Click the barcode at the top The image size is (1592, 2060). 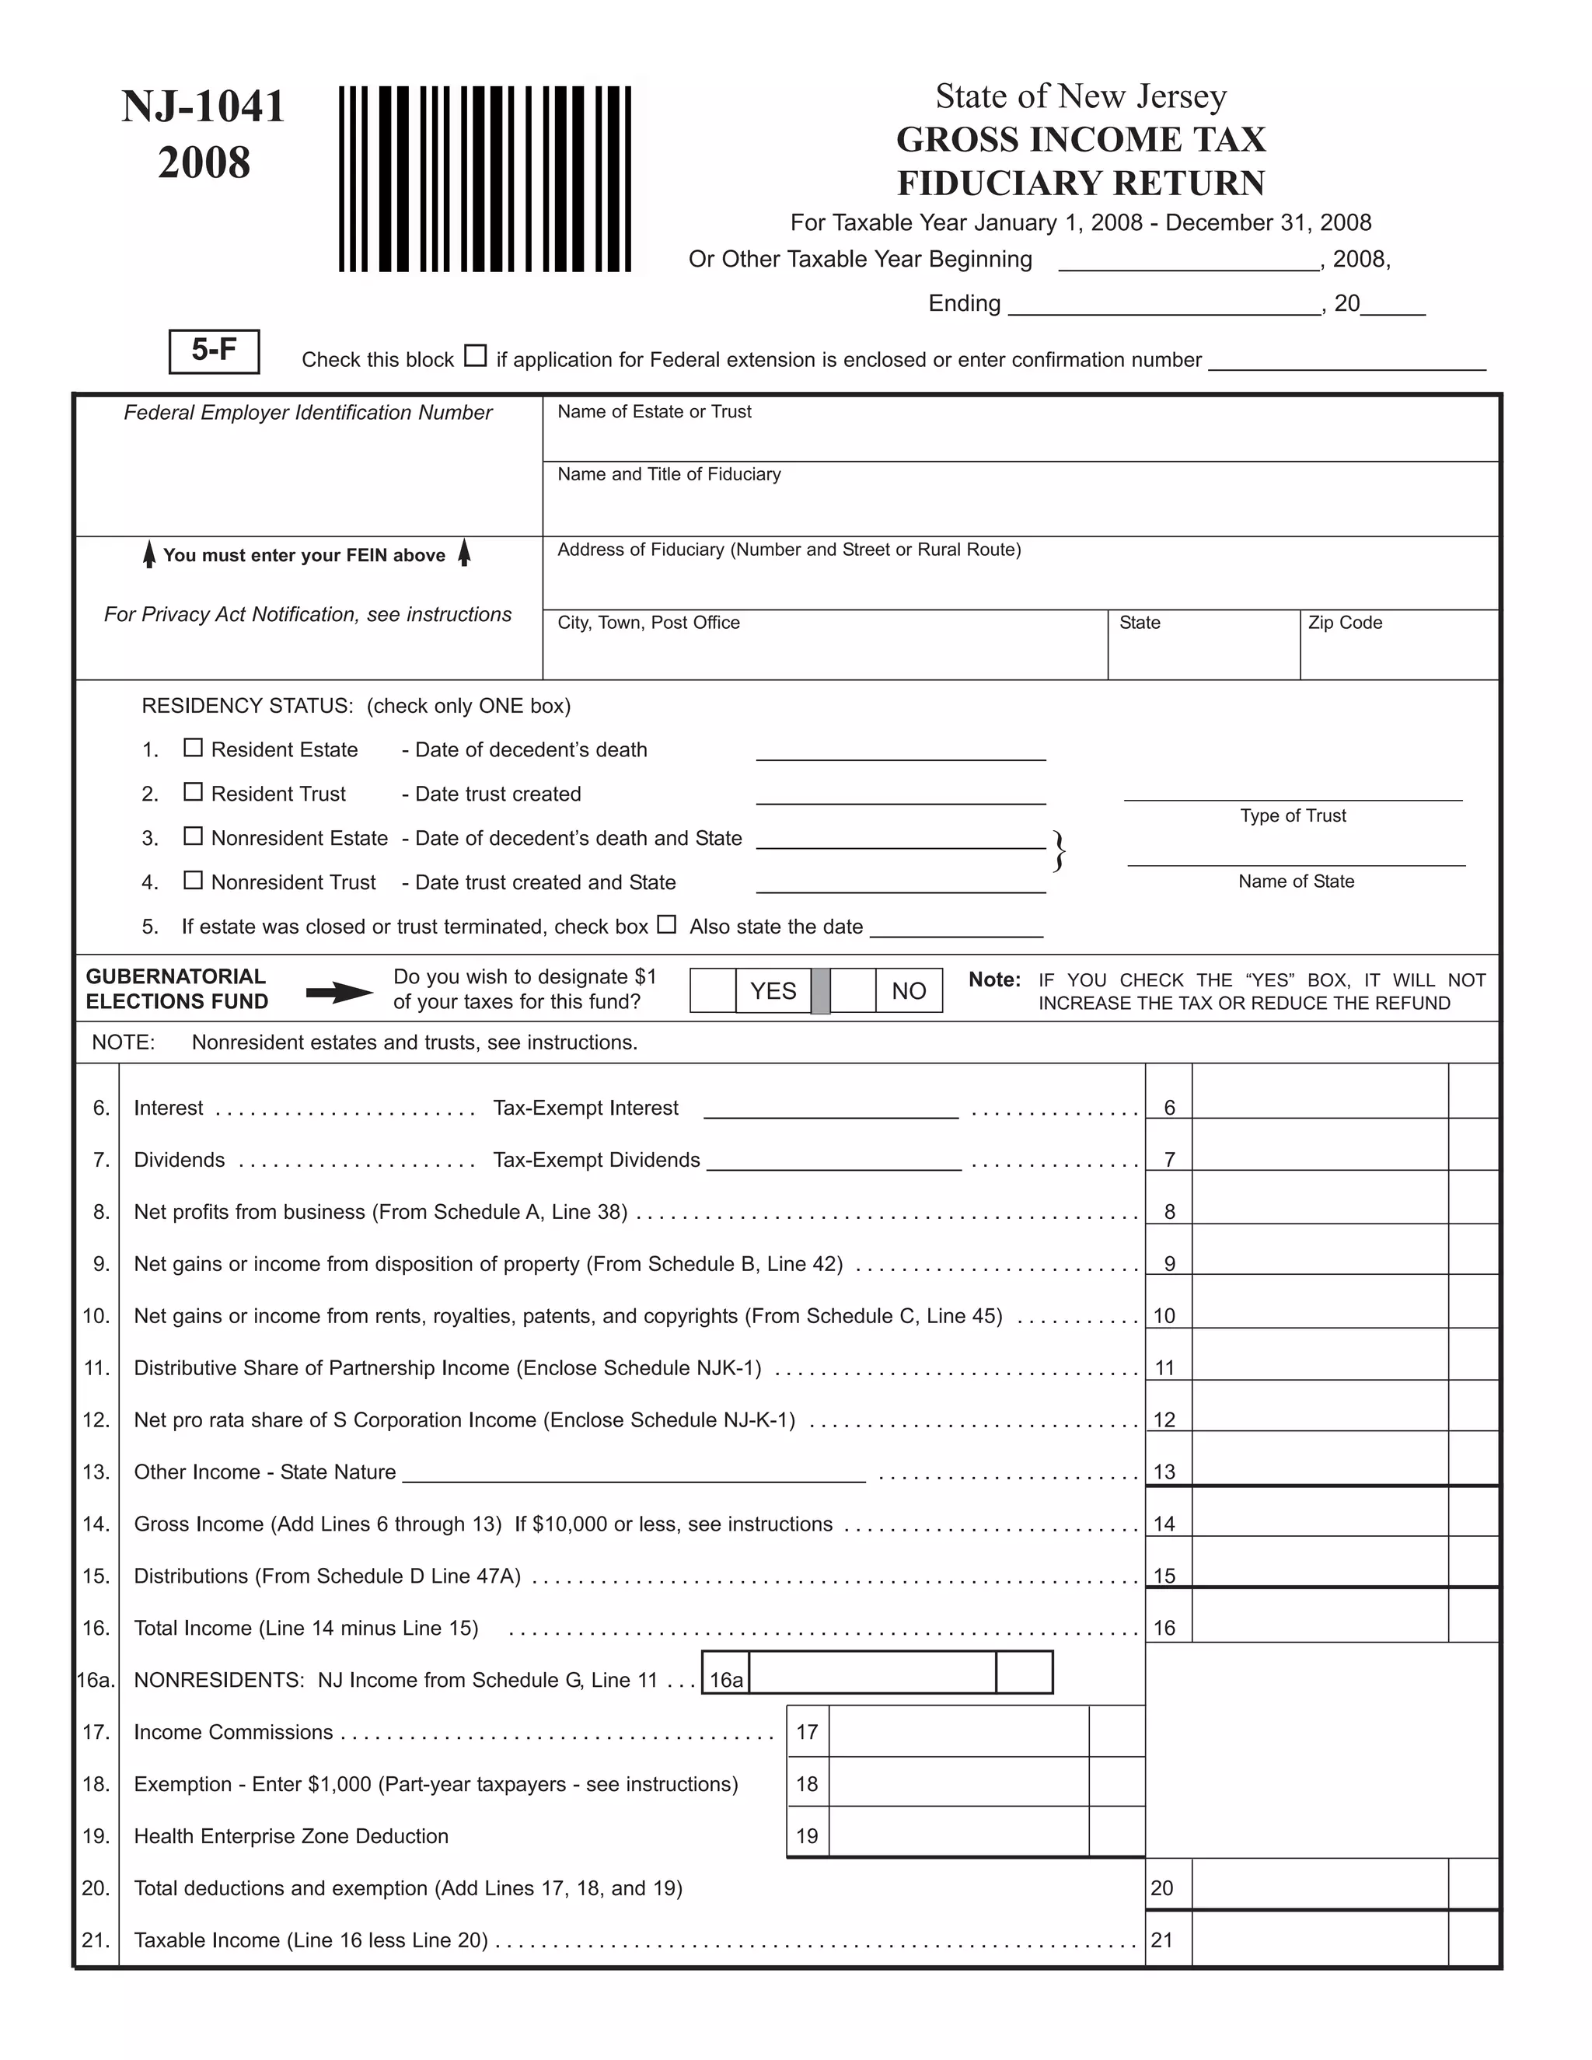[x=485, y=180]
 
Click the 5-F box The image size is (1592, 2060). [x=214, y=351]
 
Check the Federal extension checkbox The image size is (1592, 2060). [x=475, y=357]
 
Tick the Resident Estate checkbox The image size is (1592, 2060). [x=194, y=748]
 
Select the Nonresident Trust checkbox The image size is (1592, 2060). [x=194, y=880]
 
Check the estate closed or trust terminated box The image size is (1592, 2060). [x=667, y=924]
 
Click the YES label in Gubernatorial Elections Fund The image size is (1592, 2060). [x=773, y=990]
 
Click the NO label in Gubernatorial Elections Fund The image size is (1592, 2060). [x=908, y=990]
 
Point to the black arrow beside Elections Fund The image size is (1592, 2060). [x=340, y=991]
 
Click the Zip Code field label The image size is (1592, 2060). [x=1345, y=623]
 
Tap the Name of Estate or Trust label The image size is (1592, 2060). [x=655, y=411]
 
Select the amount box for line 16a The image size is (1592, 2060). [x=871, y=1672]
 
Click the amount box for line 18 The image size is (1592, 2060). [x=958, y=1782]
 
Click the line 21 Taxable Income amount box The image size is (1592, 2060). [x=1319, y=1940]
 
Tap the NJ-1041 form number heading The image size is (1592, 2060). [x=204, y=106]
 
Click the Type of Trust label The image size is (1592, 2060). [x=1293, y=816]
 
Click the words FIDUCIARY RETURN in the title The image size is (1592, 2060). [x=1081, y=183]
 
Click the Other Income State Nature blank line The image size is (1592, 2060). [x=634, y=1474]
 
